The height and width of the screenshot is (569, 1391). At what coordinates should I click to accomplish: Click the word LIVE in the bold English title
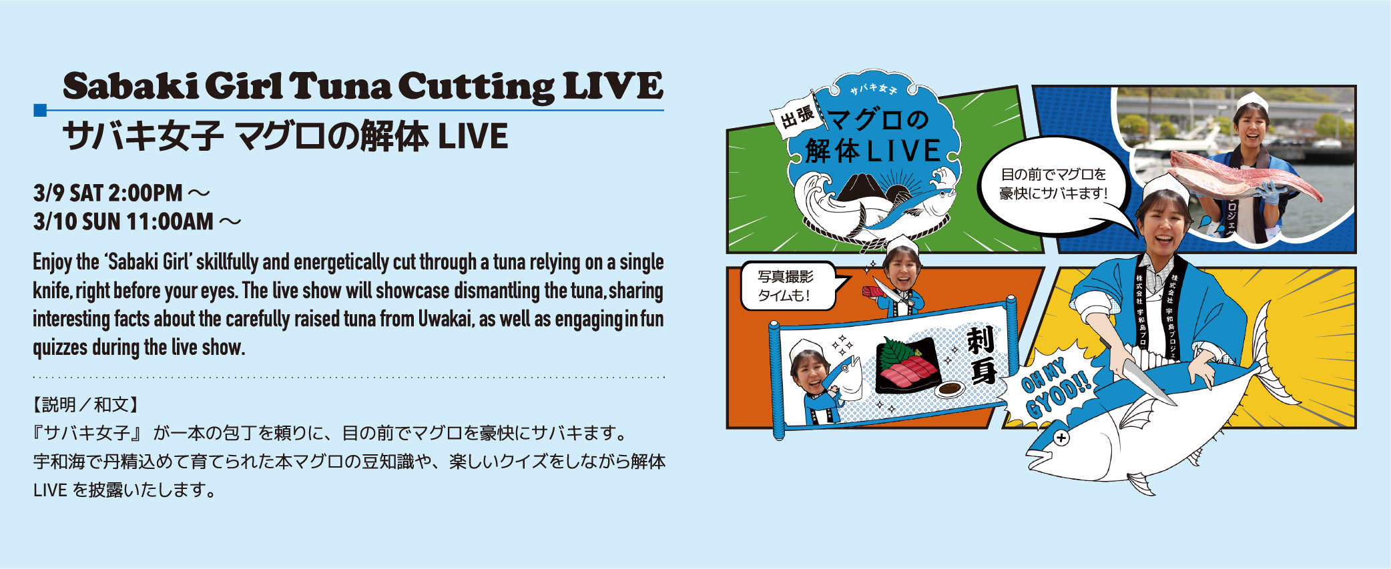(x=613, y=86)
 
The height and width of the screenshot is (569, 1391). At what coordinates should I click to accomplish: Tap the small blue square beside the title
(x=40, y=110)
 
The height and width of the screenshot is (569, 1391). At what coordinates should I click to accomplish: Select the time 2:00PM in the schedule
(x=145, y=193)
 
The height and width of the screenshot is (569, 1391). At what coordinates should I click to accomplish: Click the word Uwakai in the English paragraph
(x=445, y=319)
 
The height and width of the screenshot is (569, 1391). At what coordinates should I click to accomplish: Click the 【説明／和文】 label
(x=85, y=404)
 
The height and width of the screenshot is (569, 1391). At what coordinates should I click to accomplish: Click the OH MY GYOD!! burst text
(x=1055, y=388)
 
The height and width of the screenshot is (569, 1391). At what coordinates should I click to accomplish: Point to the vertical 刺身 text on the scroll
(x=982, y=355)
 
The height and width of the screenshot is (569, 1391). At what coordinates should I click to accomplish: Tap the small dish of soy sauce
(x=949, y=389)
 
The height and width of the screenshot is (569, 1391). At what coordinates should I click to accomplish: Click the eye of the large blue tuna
(x=1061, y=438)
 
